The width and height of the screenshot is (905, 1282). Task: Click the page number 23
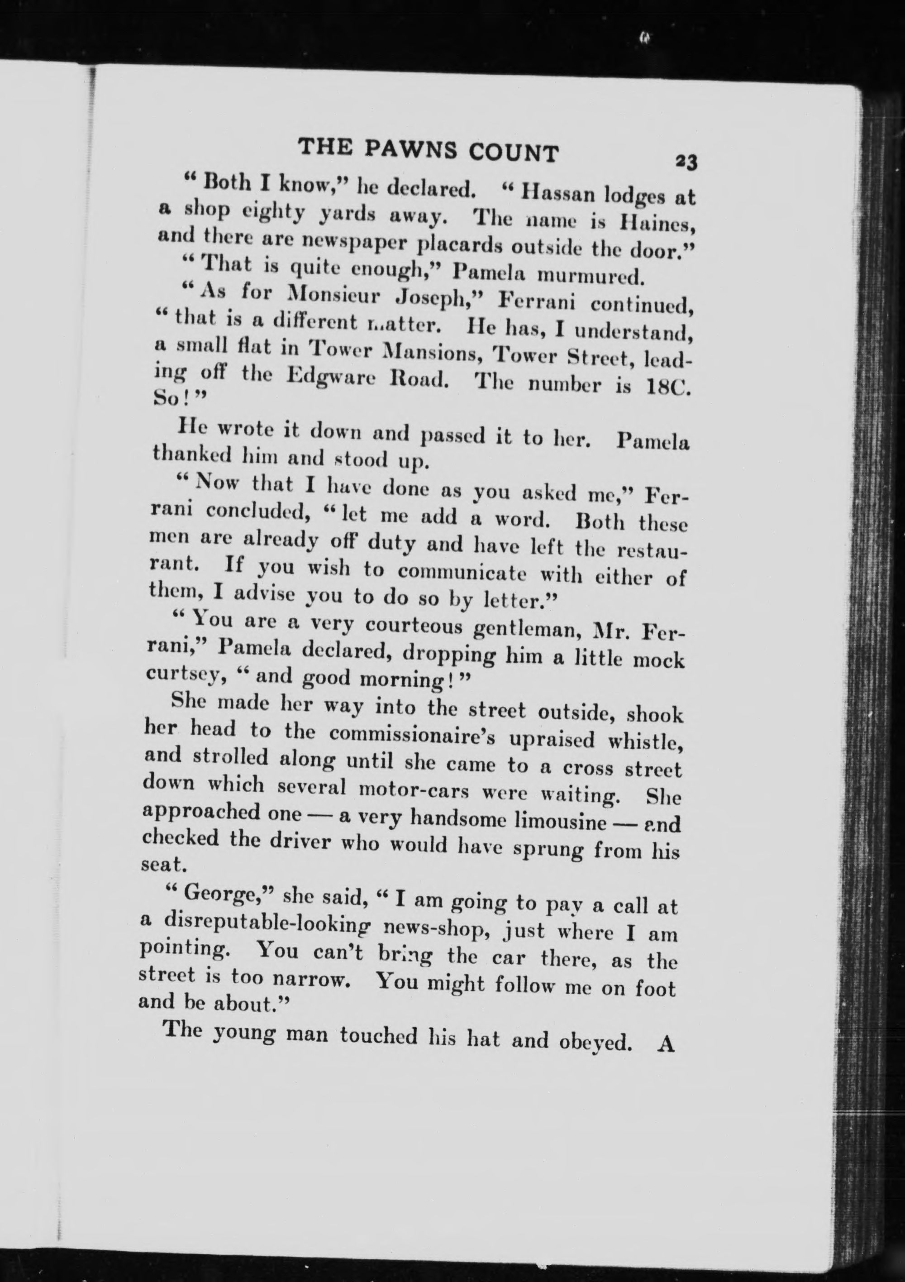pos(686,163)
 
